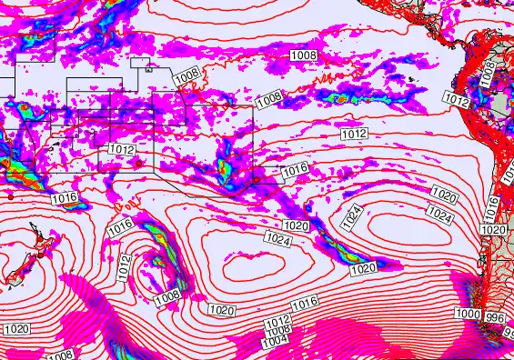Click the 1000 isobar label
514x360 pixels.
pyautogui.click(x=467, y=314)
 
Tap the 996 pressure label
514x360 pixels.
pyautogui.click(x=495, y=317)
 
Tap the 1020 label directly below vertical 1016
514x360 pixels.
pyautogui.click(x=492, y=230)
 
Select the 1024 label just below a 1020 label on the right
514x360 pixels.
pyautogui.click(x=439, y=215)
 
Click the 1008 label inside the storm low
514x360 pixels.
pyautogui.click(x=166, y=297)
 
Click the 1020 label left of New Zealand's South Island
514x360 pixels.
pyautogui.click(x=17, y=329)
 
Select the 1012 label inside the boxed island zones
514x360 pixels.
pyautogui.click(x=121, y=149)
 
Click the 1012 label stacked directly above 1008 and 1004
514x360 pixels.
pyautogui.click(x=277, y=322)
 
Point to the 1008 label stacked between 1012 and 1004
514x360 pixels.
pyautogui.click(x=277, y=331)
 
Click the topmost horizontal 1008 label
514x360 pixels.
pyautogui.click(x=305, y=55)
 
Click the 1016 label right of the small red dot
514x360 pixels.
pyautogui.click(x=294, y=170)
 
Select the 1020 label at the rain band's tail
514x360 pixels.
pyautogui.click(x=362, y=268)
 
